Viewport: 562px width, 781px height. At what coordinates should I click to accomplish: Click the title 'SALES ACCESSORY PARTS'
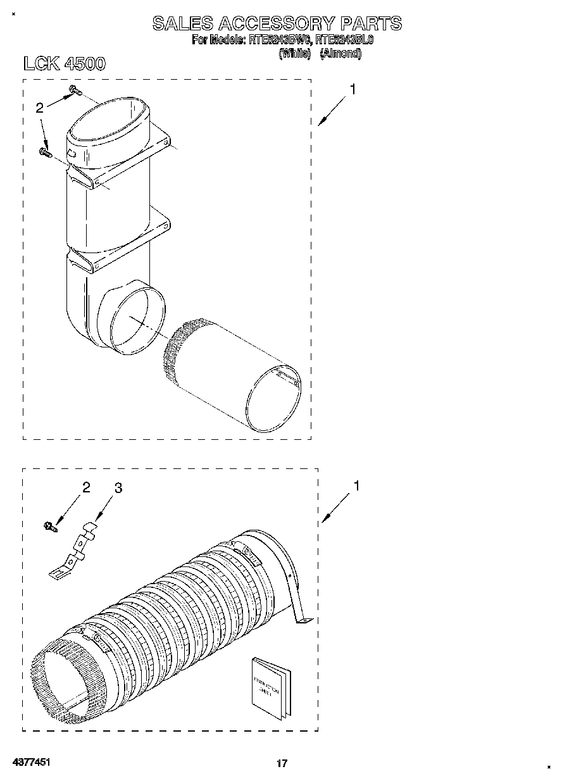pos(277,23)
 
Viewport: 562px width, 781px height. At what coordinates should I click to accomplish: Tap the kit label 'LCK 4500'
pos(63,64)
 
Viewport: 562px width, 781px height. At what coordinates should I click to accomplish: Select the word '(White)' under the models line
pos(294,54)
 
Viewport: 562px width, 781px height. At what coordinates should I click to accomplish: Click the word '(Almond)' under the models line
pos(340,54)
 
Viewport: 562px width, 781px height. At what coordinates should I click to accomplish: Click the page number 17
pos(282,763)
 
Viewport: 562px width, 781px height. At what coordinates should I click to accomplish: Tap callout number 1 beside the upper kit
pos(353,90)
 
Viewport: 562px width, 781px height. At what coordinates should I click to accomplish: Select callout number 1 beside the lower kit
pos(356,486)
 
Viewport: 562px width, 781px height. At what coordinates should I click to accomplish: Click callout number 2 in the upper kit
pos(39,108)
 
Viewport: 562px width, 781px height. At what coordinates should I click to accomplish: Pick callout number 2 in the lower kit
pos(86,487)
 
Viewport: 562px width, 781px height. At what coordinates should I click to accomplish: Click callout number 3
pos(118,488)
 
